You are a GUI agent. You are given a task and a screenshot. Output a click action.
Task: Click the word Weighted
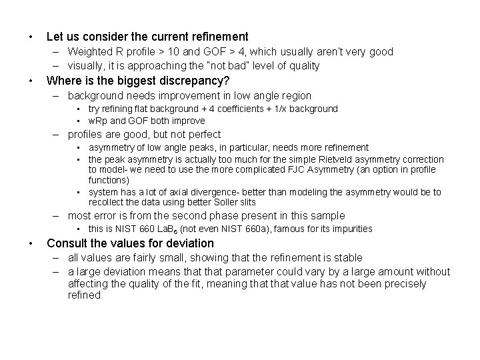click(x=89, y=51)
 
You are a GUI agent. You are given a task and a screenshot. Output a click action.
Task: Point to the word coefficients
click(x=233, y=109)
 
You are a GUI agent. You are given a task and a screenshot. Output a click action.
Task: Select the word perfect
click(x=201, y=134)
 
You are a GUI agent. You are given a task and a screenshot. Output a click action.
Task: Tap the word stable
click(x=347, y=257)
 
